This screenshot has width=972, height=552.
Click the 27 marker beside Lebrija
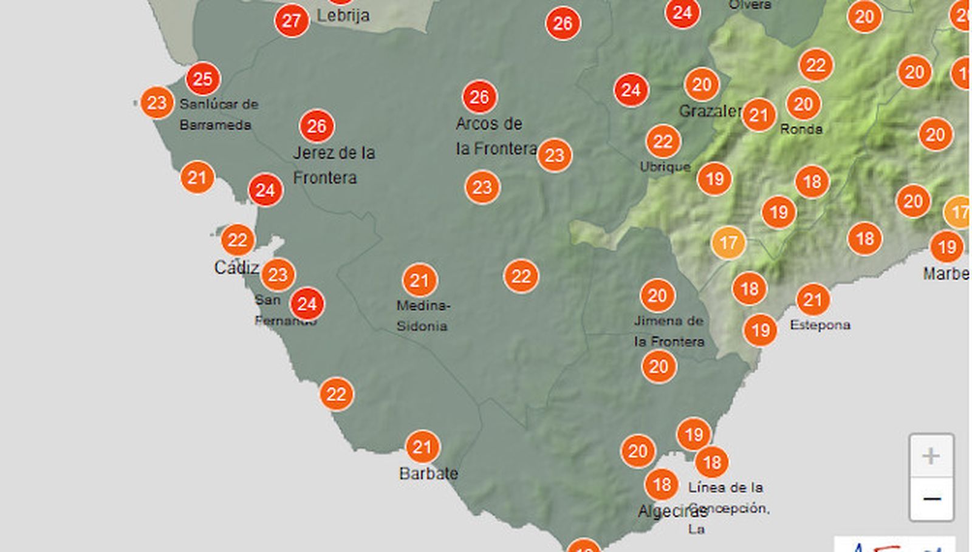coord(292,21)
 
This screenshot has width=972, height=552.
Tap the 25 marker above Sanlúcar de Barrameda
coord(203,79)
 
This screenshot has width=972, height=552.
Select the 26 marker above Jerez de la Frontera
coord(317,126)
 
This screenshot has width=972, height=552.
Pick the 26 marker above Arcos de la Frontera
coord(479,97)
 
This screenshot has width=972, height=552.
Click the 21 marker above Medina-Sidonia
coord(419,281)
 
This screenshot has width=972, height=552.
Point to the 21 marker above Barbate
coord(422,448)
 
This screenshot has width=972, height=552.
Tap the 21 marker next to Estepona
coord(812,299)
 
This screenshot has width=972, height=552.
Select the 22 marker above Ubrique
coord(663,142)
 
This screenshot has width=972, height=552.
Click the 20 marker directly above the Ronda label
coord(803,104)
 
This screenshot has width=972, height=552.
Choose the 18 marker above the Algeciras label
coord(662,484)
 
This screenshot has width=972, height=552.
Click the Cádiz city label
coord(236,267)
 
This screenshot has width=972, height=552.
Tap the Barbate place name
coord(428,474)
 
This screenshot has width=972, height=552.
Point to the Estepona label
coord(820,325)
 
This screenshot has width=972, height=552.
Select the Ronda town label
coord(801,129)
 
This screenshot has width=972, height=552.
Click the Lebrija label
coord(343,15)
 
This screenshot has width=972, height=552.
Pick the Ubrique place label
coord(665,166)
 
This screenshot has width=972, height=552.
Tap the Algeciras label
coord(668,511)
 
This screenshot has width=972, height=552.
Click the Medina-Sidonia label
coord(423,315)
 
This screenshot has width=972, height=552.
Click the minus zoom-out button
coord(931,499)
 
